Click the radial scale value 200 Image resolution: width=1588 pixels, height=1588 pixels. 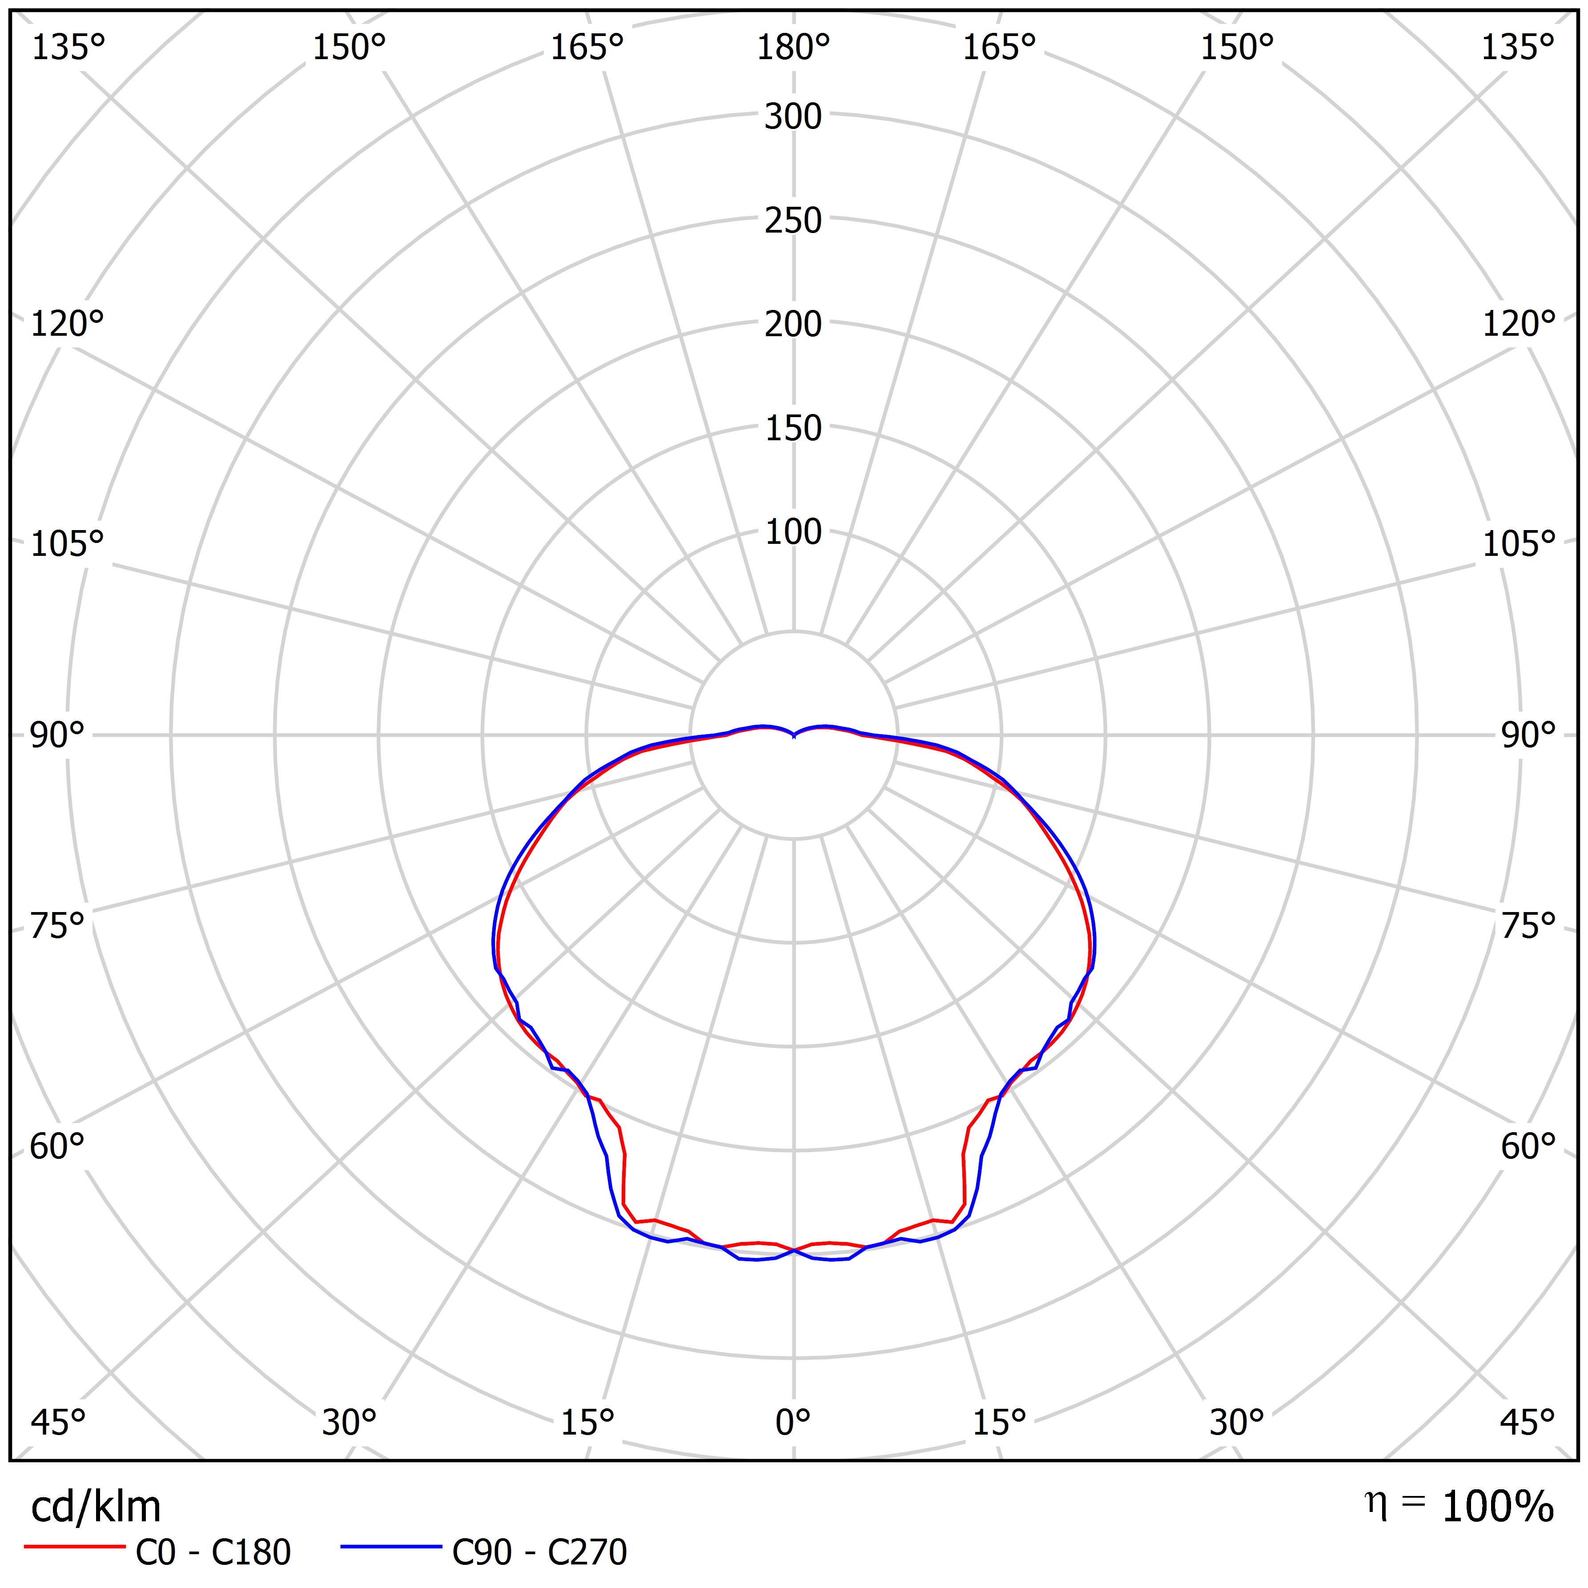click(793, 325)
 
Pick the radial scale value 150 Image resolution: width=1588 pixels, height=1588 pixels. click(793, 428)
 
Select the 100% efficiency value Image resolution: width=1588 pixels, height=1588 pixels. click(1498, 1507)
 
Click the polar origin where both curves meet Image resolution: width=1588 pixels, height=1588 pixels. click(793, 736)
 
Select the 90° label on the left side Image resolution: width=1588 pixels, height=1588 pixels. click(57, 736)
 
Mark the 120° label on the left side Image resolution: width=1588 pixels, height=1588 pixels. click(68, 325)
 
